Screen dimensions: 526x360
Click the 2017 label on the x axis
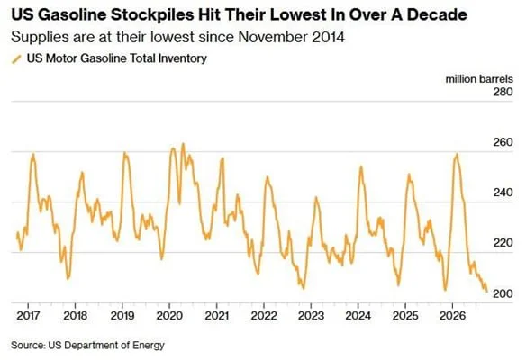pos(28,315)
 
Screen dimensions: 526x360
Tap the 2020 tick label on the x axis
pos(169,315)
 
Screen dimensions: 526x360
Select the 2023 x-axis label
pos(311,315)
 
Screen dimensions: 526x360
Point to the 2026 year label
pos(452,315)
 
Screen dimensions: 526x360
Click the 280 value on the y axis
pos(503,92)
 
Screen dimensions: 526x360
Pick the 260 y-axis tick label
pos(503,142)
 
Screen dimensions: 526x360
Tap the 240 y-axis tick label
pos(503,193)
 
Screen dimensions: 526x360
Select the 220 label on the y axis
pos(503,243)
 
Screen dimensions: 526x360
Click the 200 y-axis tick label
pos(503,293)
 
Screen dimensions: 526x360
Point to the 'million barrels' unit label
pos(479,79)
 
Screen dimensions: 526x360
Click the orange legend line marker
pos(16,59)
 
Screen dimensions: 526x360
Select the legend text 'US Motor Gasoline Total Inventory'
pos(117,58)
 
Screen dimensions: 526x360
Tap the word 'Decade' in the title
pos(437,15)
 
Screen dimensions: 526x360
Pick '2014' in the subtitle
pos(328,37)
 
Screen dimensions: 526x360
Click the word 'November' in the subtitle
pos(273,37)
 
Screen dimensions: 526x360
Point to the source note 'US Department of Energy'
pos(106,345)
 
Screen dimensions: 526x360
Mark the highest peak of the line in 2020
pos(183,144)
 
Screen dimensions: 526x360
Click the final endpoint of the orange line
pos(486,292)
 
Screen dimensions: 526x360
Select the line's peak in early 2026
pos(457,154)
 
